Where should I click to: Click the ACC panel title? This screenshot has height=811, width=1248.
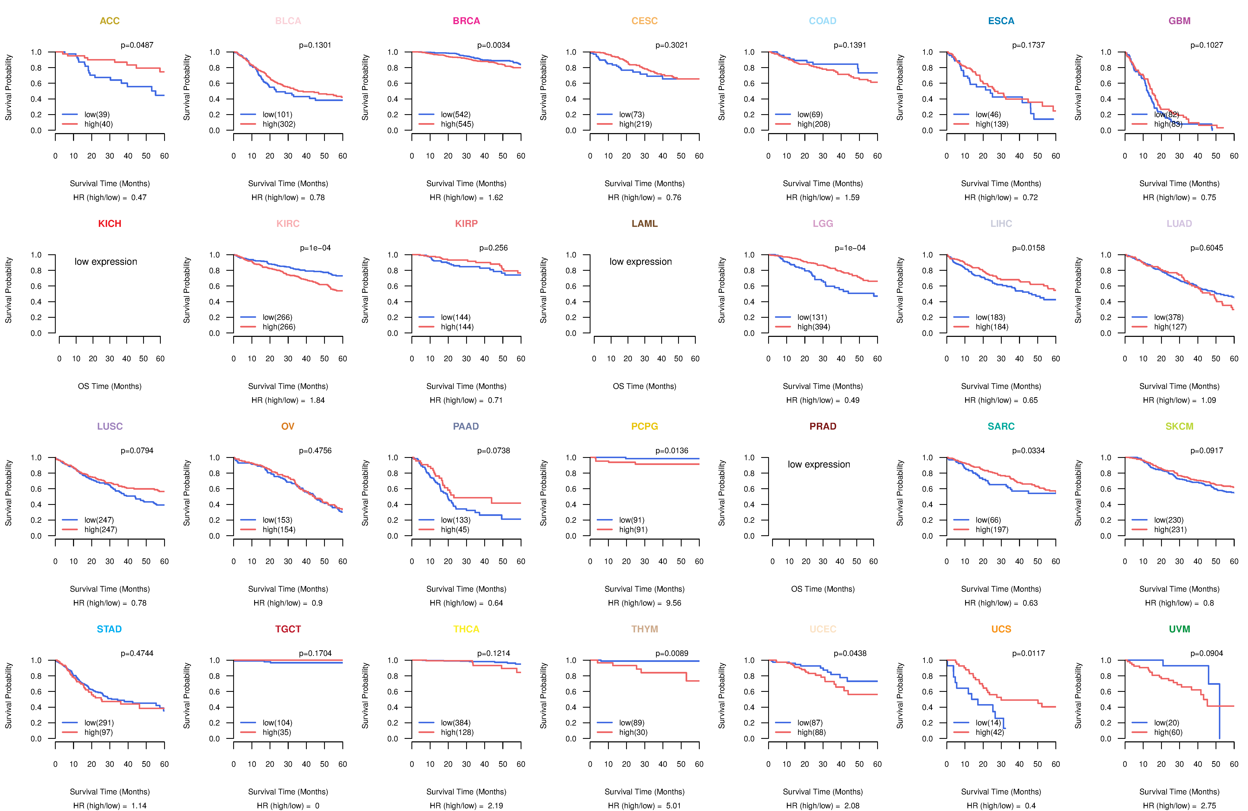(110, 21)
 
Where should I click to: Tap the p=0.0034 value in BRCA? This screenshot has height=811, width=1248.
(493, 45)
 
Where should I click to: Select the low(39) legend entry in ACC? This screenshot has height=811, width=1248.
(97, 114)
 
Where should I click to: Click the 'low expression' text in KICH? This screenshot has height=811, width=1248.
(106, 262)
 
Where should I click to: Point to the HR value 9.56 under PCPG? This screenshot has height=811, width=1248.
(674, 603)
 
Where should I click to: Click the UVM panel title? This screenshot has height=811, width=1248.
(1179, 629)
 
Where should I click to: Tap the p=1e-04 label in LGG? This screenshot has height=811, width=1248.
(850, 248)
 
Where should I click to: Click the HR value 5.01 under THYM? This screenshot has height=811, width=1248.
(674, 806)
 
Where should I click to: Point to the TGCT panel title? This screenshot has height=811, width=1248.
(288, 629)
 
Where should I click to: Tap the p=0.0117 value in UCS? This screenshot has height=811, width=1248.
(1028, 653)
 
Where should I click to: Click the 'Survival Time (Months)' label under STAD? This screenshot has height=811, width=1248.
(110, 792)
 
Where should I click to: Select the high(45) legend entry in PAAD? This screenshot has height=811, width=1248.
(455, 529)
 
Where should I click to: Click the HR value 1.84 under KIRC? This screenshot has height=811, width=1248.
(317, 400)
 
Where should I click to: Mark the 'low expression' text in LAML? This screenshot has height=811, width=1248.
(641, 262)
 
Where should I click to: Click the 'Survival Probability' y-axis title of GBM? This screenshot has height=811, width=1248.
(1078, 88)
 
